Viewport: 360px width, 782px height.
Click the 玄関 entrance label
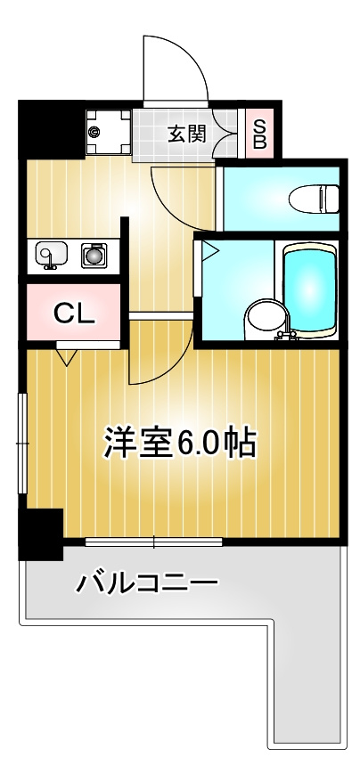click(x=187, y=134)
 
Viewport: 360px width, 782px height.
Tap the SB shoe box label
click(x=260, y=134)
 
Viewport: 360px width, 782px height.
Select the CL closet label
click(x=74, y=314)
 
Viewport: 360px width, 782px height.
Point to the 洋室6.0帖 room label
click(x=180, y=442)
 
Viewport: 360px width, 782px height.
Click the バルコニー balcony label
click(x=147, y=582)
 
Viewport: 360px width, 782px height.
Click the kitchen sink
click(x=52, y=256)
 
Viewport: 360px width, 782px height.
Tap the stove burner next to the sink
click(x=94, y=256)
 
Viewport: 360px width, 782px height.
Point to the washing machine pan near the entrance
click(x=108, y=133)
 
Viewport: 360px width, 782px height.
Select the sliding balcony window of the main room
click(x=153, y=542)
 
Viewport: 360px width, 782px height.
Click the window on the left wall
click(x=22, y=443)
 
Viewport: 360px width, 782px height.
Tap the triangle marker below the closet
click(x=67, y=357)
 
